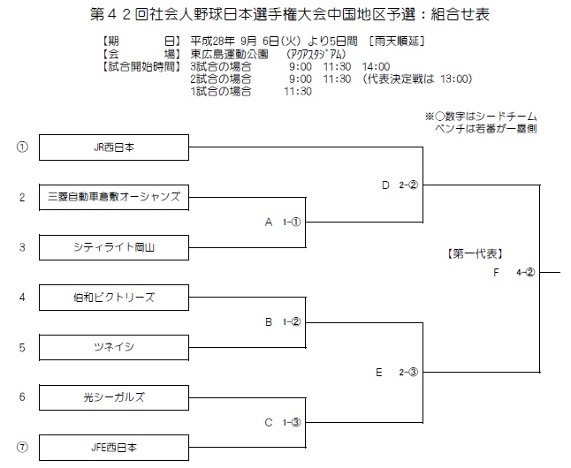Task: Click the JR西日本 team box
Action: pos(114,147)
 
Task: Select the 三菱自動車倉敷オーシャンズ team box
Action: pos(114,197)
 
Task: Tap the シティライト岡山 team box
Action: pos(114,247)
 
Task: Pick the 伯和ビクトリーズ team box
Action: pos(114,298)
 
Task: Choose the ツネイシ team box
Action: pos(114,348)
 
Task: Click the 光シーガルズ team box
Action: pos(114,397)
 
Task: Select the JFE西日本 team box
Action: pos(114,448)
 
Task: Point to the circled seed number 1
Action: pos(22,147)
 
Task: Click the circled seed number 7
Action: pos(22,447)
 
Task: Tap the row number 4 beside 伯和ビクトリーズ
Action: pos(22,298)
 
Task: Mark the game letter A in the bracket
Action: pos(269,222)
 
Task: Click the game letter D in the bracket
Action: pos(385,185)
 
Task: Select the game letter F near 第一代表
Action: pos(496,273)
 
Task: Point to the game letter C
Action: pos(269,422)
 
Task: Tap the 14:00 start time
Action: pos(376,66)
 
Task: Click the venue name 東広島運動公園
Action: pos(229,54)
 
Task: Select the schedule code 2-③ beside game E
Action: pos(408,373)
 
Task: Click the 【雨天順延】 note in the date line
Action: pos(397,42)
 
